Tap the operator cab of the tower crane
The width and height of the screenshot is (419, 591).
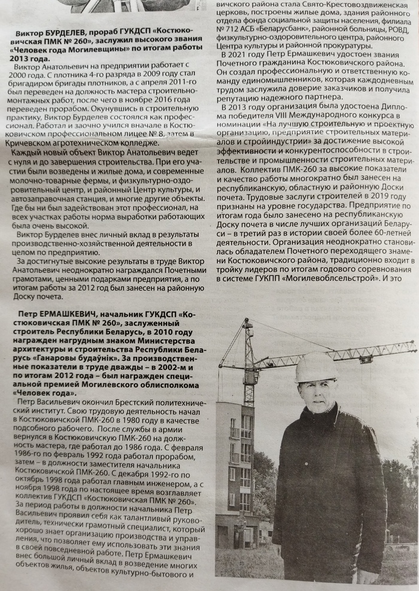tap(251, 376)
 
